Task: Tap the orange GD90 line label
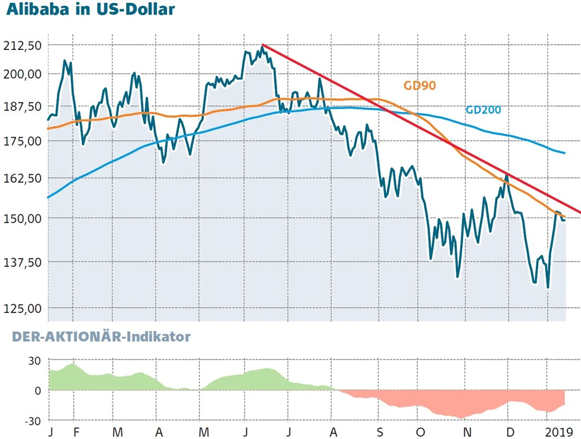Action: (419, 86)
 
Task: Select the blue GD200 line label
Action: (483, 110)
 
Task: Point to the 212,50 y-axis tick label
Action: (21, 45)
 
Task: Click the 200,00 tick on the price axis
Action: (21, 74)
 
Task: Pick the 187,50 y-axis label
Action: (21, 106)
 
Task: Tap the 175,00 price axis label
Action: (21, 141)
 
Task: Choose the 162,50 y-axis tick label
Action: (21, 178)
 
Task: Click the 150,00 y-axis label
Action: (21, 218)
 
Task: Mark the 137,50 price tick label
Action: (21, 262)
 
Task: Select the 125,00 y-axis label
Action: (21, 308)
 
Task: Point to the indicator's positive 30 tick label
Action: (34, 361)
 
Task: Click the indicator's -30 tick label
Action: (32, 420)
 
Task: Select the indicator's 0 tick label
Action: (38, 390)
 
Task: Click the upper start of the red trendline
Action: (263, 45)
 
